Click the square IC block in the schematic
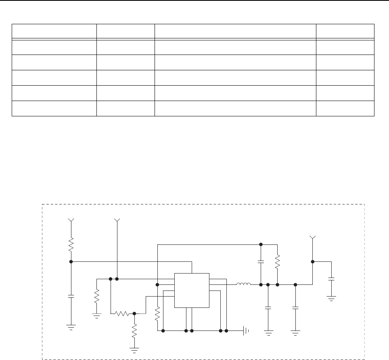pyautogui.click(x=192, y=290)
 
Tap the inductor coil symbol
pyautogui.click(x=244, y=284)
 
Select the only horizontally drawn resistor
pyautogui.click(x=122, y=313)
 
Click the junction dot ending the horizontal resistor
pyautogui.click(x=134, y=313)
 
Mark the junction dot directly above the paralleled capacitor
pyautogui.click(x=261, y=244)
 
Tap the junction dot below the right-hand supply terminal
pyautogui.click(x=312, y=261)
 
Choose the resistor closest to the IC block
pyautogui.click(x=157, y=313)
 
